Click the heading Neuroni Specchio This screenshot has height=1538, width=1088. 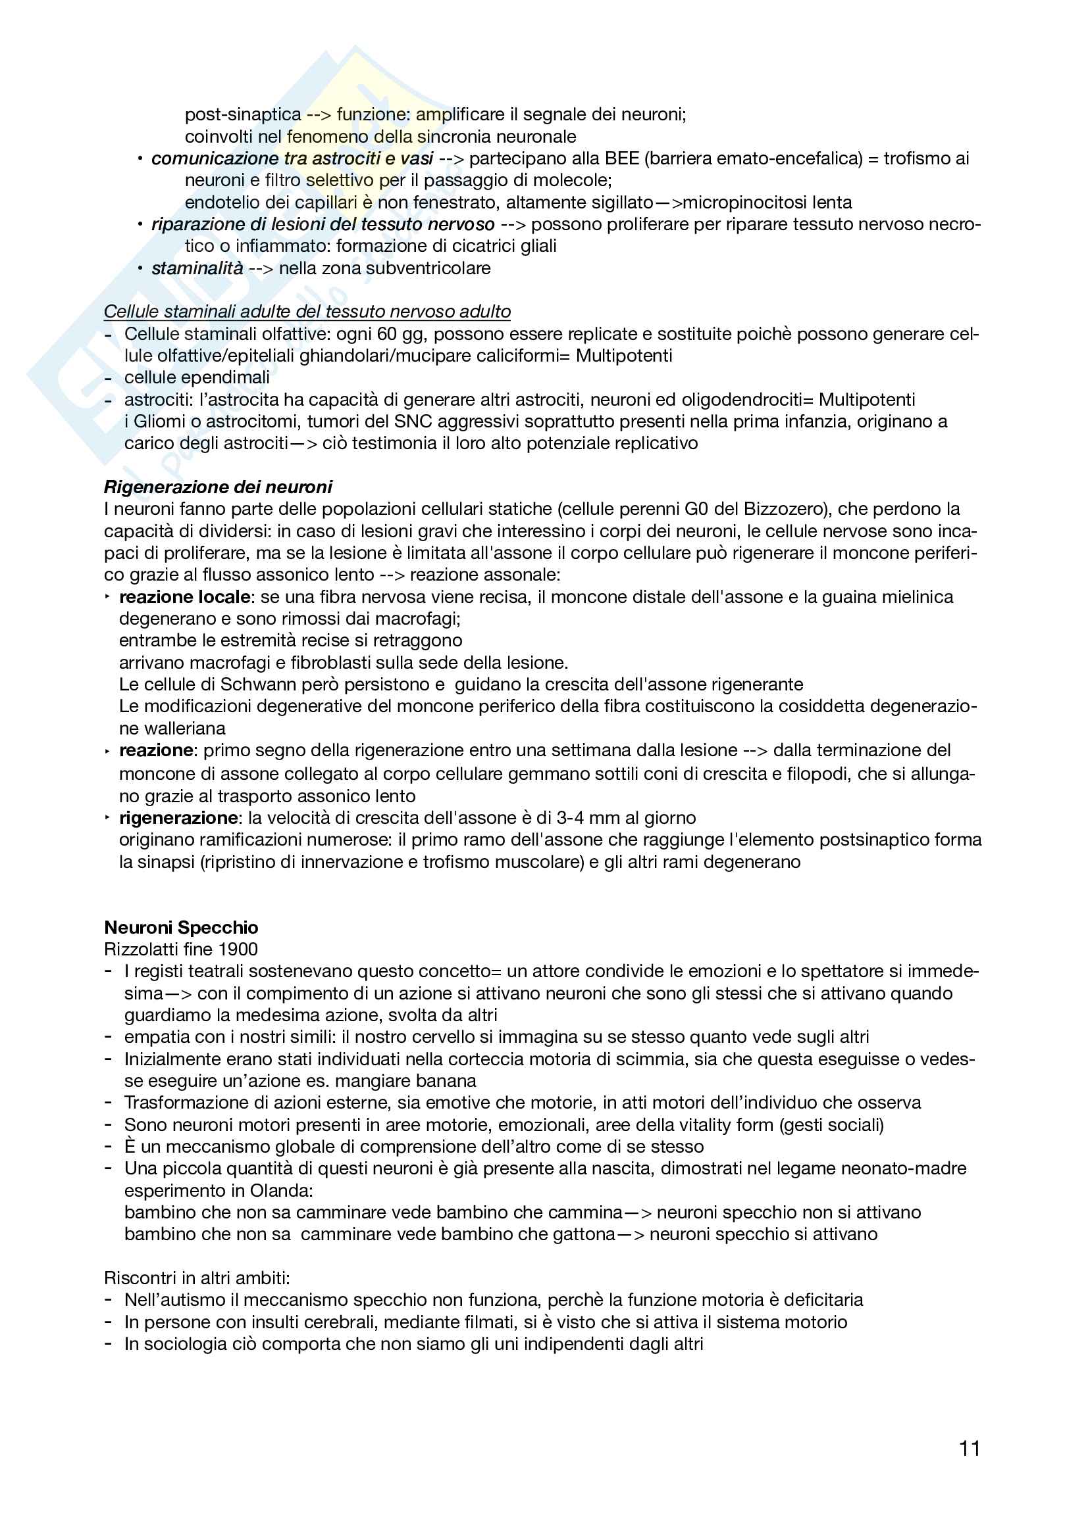[181, 927]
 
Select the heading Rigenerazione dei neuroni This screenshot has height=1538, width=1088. [218, 487]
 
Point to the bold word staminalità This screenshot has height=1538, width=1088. [197, 269]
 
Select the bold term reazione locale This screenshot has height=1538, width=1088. [184, 597]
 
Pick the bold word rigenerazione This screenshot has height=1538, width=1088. [178, 818]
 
